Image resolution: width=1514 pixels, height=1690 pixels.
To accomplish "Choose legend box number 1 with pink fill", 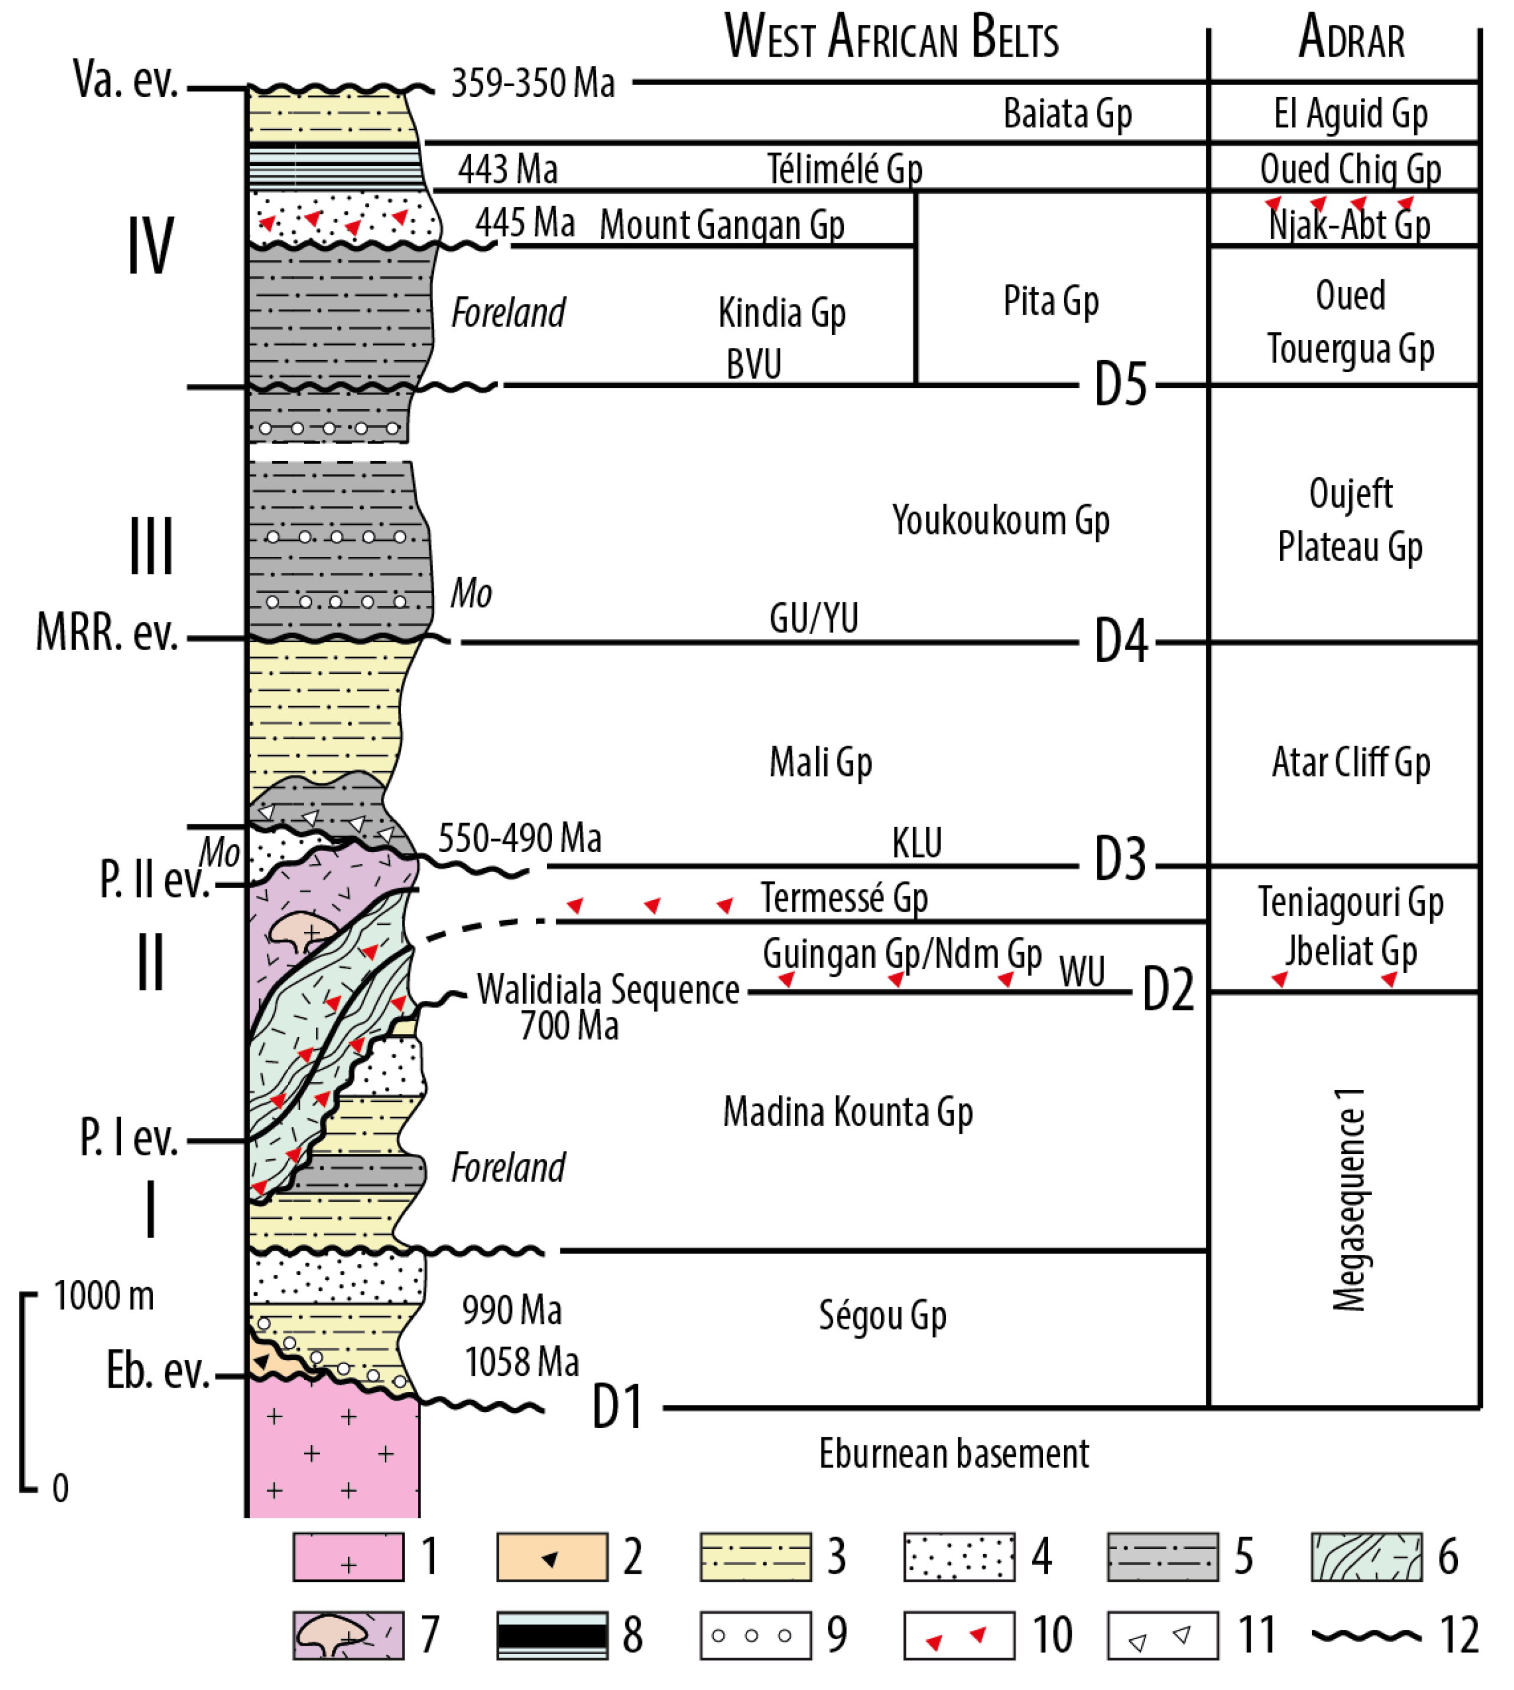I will point(348,1557).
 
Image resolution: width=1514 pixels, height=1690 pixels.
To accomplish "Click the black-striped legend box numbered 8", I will point(552,1635).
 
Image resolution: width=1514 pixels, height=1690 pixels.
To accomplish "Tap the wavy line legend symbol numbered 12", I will point(1366,1635).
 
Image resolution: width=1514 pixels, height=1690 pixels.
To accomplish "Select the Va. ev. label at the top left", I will point(126,80).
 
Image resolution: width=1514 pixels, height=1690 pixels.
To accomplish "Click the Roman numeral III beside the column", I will point(151,546).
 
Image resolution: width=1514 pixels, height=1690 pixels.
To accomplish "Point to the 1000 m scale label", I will point(104,1296).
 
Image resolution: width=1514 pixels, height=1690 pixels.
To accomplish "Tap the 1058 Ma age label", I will point(521,1362).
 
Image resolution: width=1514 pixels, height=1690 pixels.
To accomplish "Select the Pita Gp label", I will point(1050,301).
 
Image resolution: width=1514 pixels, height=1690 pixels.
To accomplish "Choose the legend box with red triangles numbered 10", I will point(958,1635).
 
